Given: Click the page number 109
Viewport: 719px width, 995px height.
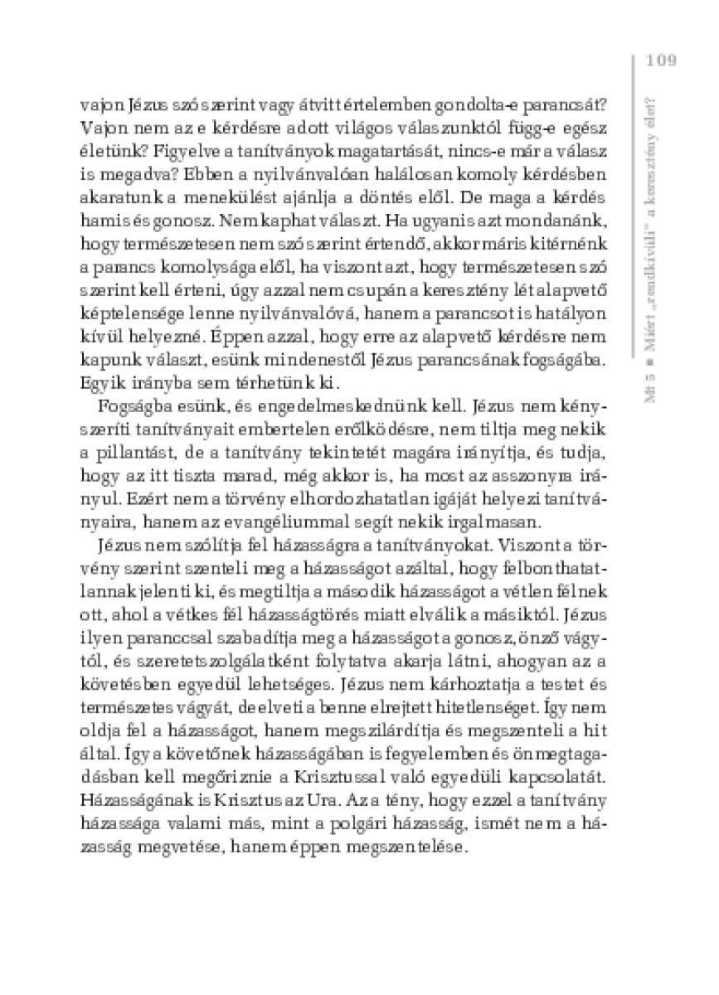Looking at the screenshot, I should click(661, 60).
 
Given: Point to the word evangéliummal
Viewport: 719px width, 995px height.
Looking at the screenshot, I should click(309, 521).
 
